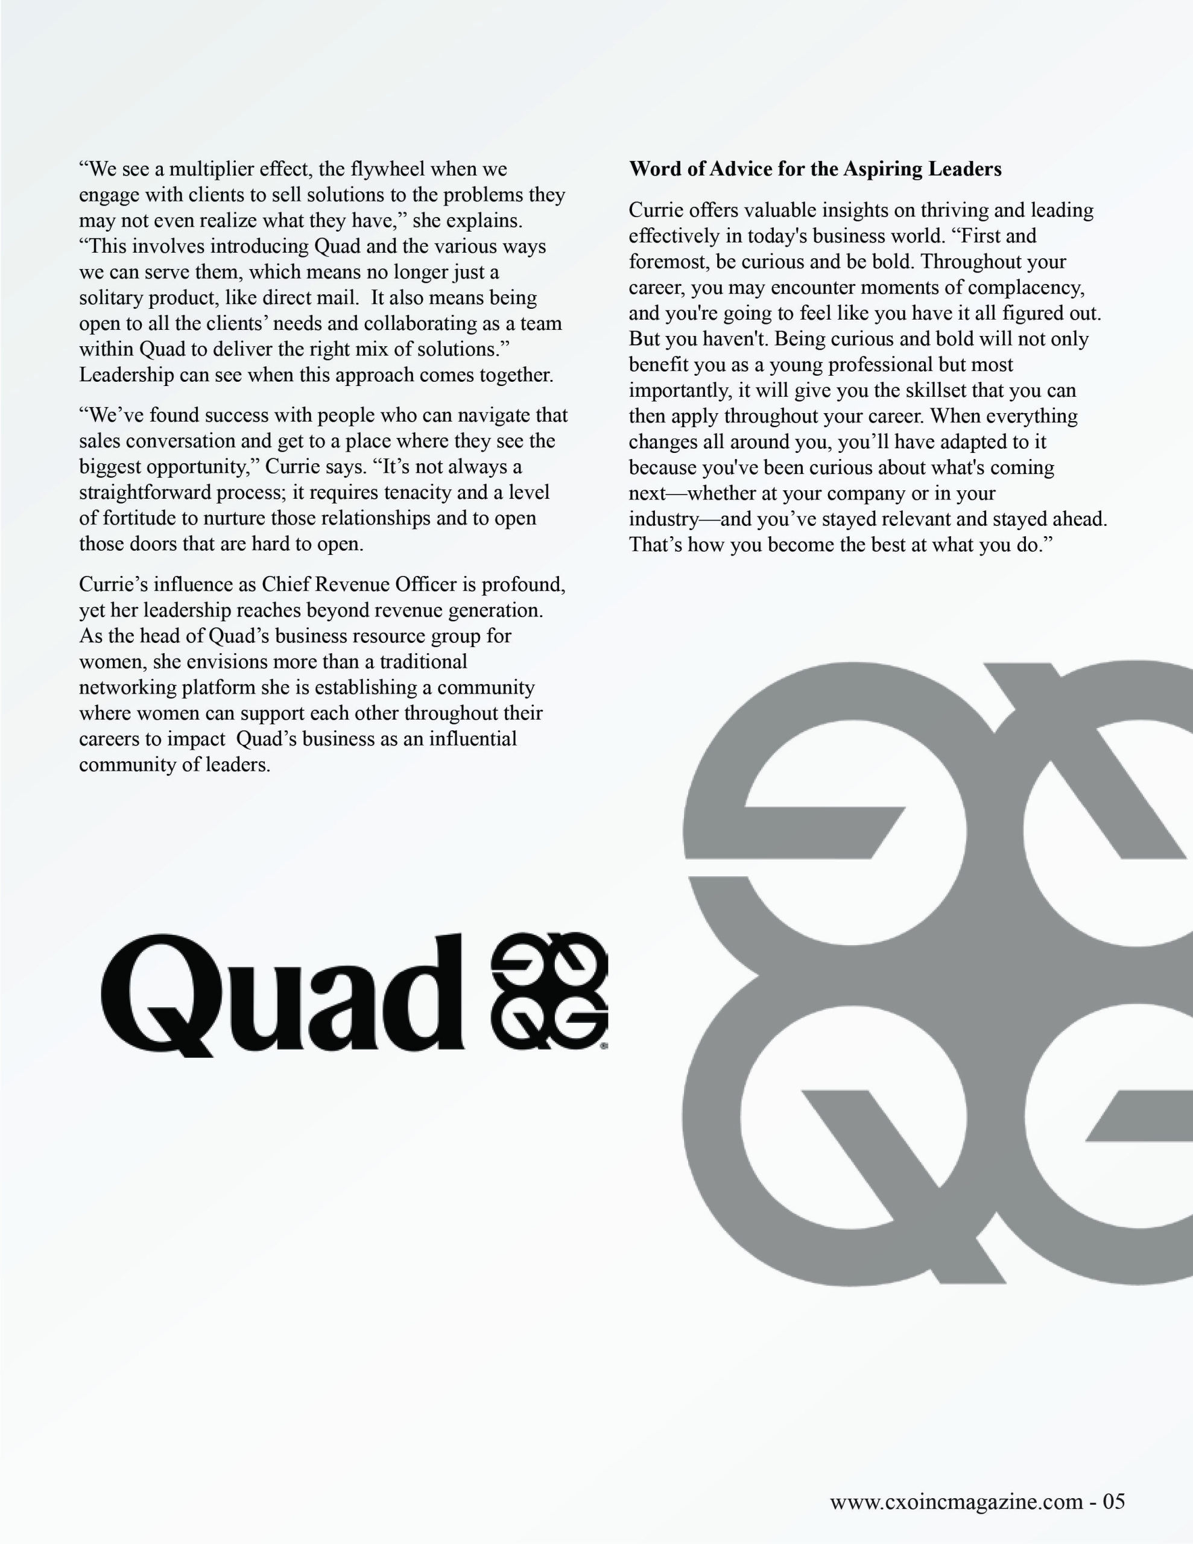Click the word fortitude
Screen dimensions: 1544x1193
pyautogui.click(x=141, y=518)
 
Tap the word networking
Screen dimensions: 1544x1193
pyautogui.click(x=128, y=687)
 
